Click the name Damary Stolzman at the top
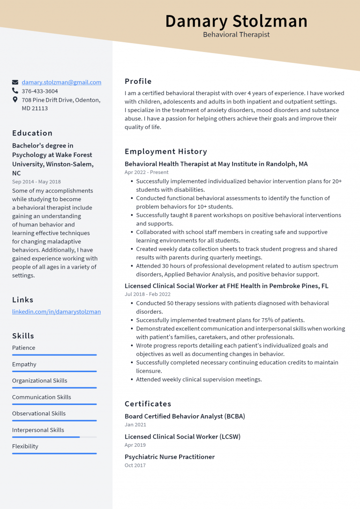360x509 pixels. coord(236,21)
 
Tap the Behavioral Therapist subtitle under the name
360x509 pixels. coord(236,35)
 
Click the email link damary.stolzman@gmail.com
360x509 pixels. coord(61,82)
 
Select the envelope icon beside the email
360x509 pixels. coord(15,82)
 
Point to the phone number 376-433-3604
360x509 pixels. coord(40,91)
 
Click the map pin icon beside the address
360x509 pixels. coord(15,100)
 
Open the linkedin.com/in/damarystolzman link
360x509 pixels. coord(56,312)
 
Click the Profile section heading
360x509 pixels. coord(138,81)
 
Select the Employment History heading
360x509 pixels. coord(166,151)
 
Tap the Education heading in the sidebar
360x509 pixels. coord(32,133)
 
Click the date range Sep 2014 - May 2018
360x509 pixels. coord(37,182)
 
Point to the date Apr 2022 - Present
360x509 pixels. coord(147,172)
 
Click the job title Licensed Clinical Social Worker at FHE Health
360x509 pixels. coord(226,286)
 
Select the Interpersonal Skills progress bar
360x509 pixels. coord(54,437)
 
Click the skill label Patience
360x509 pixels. coord(24,348)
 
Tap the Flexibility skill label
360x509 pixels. coord(25,446)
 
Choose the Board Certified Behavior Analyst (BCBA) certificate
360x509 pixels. coord(185,416)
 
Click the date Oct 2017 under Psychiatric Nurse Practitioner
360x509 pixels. coord(135,465)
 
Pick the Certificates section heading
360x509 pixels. coord(148,404)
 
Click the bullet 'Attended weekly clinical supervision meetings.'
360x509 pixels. coord(199,379)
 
